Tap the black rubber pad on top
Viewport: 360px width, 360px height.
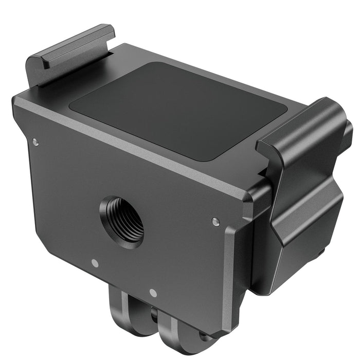(x=177, y=111)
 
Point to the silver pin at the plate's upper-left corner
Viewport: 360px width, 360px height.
(x=35, y=141)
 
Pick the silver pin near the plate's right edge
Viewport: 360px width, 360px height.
(x=215, y=222)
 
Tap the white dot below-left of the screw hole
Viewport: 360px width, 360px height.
(x=95, y=263)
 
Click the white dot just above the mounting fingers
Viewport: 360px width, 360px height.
(x=153, y=293)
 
